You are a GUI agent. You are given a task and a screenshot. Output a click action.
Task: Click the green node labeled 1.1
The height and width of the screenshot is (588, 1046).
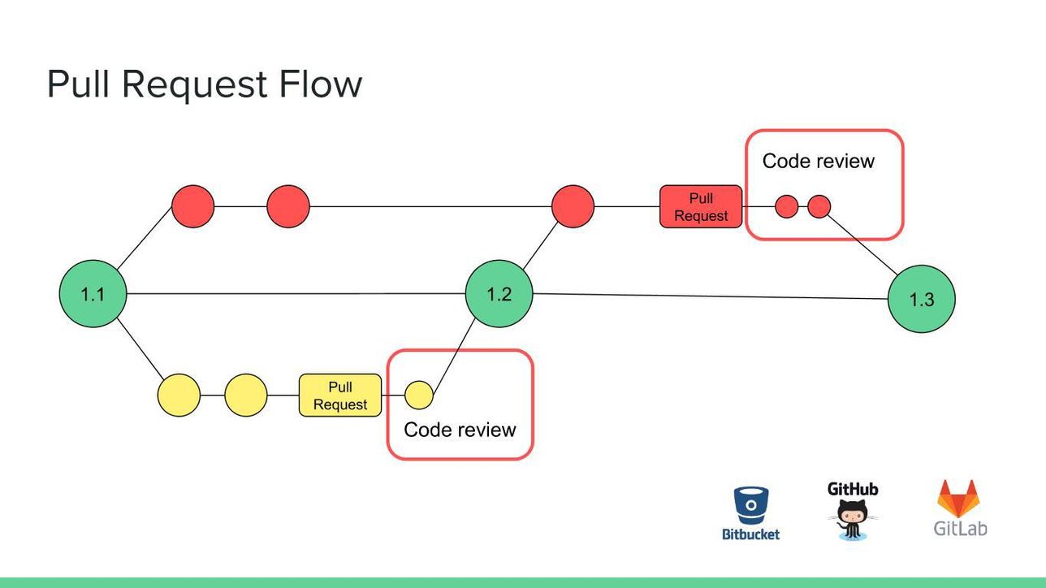[93, 294]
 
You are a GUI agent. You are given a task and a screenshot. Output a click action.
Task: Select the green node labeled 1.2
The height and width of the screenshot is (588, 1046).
[499, 294]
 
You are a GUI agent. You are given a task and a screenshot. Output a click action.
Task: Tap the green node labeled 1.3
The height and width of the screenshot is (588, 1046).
[921, 299]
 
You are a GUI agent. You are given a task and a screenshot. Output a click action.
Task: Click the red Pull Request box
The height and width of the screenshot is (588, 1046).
[701, 206]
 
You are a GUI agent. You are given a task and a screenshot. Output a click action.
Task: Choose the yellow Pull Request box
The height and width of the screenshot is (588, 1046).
[340, 396]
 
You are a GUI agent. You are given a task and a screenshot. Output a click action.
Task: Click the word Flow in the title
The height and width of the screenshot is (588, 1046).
[320, 84]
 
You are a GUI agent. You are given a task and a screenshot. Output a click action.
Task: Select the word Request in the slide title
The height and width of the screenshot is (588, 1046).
[194, 85]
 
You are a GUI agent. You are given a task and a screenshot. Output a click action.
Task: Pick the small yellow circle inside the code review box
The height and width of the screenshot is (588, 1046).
[419, 396]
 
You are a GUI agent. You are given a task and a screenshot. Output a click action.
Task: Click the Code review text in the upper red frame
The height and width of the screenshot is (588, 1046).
[818, 161]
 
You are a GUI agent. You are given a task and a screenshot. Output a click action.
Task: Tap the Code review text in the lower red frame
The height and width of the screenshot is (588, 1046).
[460, 430]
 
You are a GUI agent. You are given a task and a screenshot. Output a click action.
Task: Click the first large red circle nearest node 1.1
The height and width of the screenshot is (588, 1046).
[192, 206]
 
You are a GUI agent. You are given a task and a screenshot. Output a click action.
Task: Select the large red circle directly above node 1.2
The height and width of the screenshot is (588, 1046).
[573, 206]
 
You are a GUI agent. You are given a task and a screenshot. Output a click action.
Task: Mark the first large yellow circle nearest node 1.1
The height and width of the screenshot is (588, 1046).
[179, 396]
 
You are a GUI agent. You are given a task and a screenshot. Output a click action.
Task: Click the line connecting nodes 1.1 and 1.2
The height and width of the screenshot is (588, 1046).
[296, 294]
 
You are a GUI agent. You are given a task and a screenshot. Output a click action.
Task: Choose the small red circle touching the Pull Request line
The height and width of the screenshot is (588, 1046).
[786, 206]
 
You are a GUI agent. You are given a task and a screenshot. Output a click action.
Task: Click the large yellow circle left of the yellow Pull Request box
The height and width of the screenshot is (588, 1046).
[245, 396]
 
